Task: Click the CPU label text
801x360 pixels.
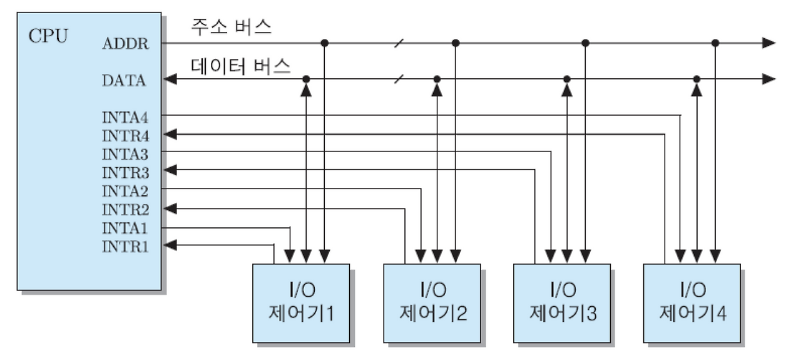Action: [48, 34]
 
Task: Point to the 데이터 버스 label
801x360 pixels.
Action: [239, 65]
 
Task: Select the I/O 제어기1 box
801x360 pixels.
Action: [300, 302]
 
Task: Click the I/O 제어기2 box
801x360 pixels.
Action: [432, 302]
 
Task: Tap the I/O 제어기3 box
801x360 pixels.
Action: [562, 302]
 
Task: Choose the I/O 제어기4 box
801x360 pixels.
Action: [692, 302]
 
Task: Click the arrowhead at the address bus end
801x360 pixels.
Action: [769, 43]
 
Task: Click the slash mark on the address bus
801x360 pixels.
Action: [399, 43]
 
